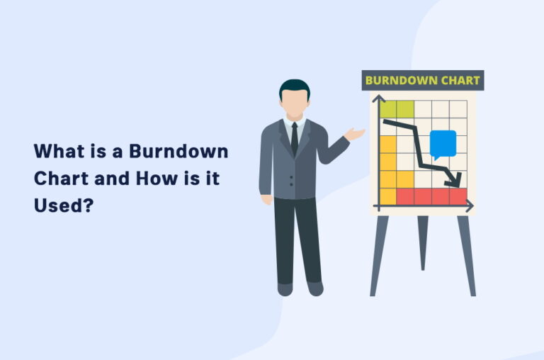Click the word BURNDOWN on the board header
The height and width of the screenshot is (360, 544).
pyautogui.click(x=399, y=80)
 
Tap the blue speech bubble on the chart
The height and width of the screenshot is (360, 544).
pyautogui.click(x=443, y=144)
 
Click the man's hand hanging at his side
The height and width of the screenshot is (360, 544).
pyautogui.click(x=267, y=199)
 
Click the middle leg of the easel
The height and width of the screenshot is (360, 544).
pyautogui.click(x=423, y=241)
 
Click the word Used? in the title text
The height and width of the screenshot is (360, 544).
pyautogui.click(x=64, y=206)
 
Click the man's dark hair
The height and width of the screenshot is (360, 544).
pyautogui.click(x=294, y=87)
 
